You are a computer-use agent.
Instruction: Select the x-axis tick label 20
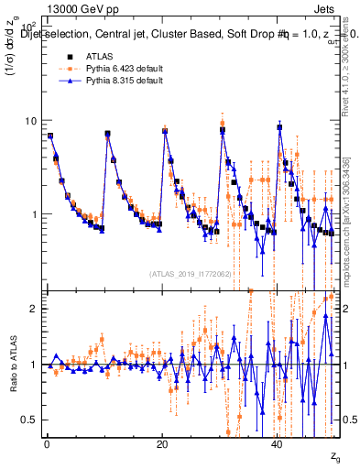[162, 444]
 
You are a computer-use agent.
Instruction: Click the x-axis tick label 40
[278, 444]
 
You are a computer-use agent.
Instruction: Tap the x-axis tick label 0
[47, 444]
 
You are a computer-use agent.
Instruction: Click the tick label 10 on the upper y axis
[30, 121]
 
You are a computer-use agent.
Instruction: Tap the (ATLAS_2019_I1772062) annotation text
[190, 274]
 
